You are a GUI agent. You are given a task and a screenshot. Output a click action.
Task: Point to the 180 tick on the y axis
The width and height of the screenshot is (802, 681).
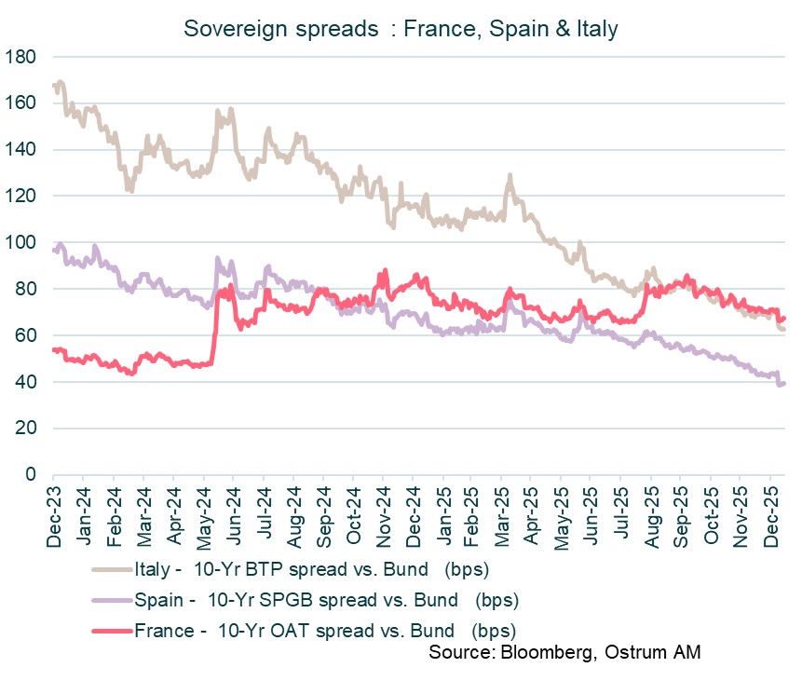click(x=22, y=57)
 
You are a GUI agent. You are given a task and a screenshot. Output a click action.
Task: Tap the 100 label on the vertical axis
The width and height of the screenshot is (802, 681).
click(x=22, y=243)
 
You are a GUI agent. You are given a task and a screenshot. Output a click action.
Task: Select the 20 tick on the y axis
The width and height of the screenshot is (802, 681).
click(x=28, y=429)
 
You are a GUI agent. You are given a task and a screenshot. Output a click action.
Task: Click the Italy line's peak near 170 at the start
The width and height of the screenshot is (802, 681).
click(x=61, y=82)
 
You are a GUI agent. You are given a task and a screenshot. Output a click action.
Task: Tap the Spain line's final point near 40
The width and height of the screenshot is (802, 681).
click(x=783, y=383)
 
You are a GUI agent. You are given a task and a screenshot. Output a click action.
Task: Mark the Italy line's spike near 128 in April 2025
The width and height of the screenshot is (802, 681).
click(x=510, y=176)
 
